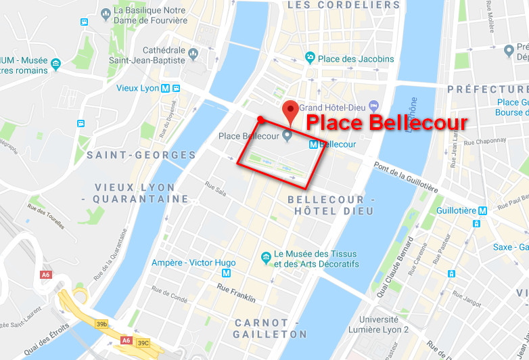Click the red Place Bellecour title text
pos(386,122)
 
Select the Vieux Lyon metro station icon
pos(177,89)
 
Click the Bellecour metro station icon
pos(313,144)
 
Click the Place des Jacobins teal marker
pos(310,58)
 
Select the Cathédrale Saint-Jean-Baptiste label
pos(154,55)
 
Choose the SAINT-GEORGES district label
pos(141,155)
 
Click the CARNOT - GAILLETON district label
pos(270,328)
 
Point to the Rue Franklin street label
pos(236,293)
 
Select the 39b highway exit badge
pos(101,325)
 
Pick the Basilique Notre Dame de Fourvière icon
pos(105,13)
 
